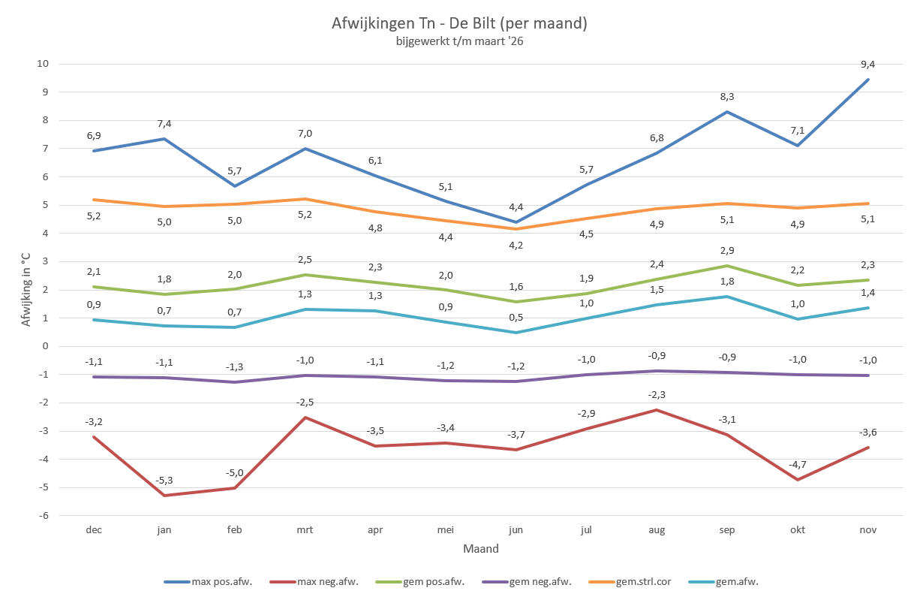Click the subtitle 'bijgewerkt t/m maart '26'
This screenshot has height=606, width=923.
pyautogui.click(x=459, y=42)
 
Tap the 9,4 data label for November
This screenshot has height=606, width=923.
pyautogui.click(x=868, y=65)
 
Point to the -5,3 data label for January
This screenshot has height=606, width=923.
pyautogui.click(x=164, y=481)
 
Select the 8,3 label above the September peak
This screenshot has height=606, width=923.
pyautogui.click(x=726, y=97)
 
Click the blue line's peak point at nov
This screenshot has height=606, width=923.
pyautogui.click(x=868, y=79)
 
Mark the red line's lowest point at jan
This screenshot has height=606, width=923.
pyautogui.click(x=164, y=496)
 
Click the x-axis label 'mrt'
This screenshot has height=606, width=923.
pyautogui.click(x=305, y=529)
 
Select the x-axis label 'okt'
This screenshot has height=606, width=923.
pyautogui.click(x=798, y=529)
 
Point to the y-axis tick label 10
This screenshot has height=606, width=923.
pyautogui.click(x=43, y=64)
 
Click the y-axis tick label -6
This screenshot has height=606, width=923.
pyautogui.click(x=44, y=515)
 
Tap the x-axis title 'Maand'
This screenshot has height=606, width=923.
pyautogui.click(x=481, y=549)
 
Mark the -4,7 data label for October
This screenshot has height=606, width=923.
pyautogui.click(x=798, y=465)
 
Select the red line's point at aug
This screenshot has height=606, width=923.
pyautogui.click(x=657, y=410)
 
